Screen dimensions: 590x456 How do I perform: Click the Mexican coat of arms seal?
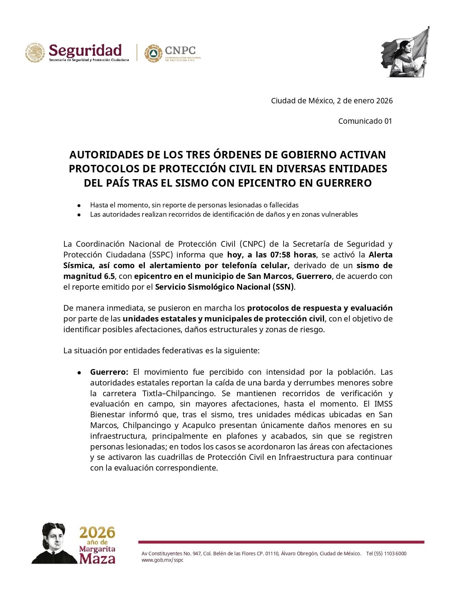[35, 53]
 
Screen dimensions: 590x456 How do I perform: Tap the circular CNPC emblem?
[153, 54]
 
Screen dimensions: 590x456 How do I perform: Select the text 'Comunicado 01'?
[365, 121]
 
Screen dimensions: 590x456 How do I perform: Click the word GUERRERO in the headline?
[344, 183]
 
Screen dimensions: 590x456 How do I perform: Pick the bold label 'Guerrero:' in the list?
[109, 372]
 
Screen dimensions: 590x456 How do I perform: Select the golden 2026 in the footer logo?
[97, 533]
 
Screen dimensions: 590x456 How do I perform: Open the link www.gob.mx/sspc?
[162, 560]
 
